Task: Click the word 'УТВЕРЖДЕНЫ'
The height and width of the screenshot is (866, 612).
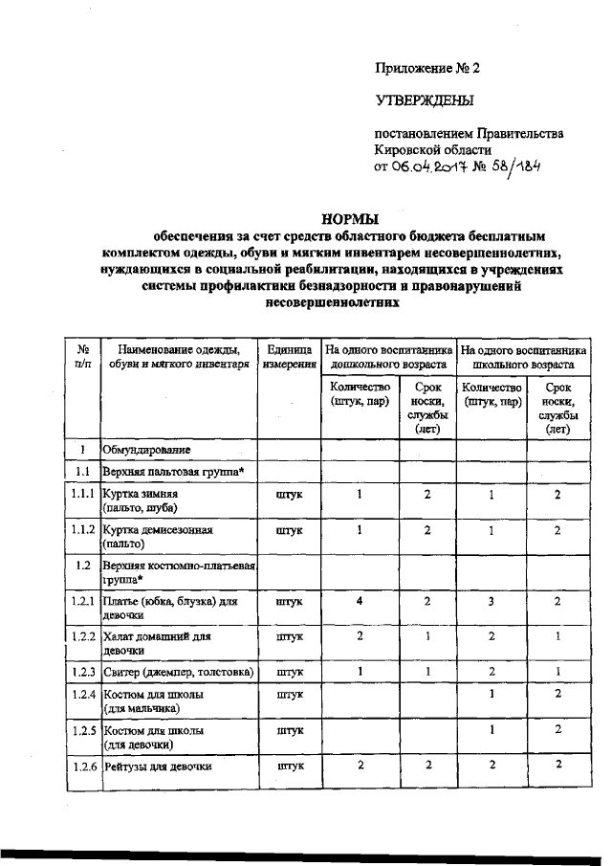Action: coord(425,100)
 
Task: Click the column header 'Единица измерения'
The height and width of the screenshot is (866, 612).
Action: coord(289,357)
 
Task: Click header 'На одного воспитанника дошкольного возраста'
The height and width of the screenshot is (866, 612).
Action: coord(387,357)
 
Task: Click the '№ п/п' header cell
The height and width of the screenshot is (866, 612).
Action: coord(83,357)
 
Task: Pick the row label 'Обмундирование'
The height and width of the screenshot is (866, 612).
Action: coord(147,449)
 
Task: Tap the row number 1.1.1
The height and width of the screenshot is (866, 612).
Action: coord(83,495)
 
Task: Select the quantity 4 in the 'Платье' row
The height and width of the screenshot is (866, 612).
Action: coord(360,601)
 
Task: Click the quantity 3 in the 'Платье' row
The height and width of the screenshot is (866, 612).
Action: coord(491,601)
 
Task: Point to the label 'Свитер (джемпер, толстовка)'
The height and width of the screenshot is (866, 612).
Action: coord(178,671)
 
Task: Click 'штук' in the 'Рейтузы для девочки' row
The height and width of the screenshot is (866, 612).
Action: coord(289,766)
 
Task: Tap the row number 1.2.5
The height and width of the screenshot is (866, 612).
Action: coord(83,731)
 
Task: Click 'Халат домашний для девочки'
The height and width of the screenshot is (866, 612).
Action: coord(156,642)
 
